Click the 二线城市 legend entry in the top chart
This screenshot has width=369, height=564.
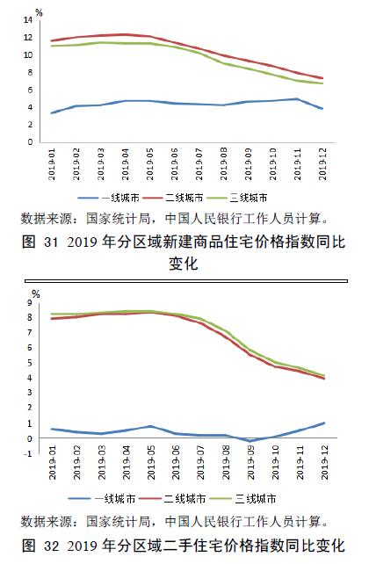point(183,199)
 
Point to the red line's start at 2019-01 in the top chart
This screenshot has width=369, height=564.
point(53,40)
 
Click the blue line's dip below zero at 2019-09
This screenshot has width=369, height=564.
point(250,441)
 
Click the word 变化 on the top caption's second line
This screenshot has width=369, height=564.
point(184,260)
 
